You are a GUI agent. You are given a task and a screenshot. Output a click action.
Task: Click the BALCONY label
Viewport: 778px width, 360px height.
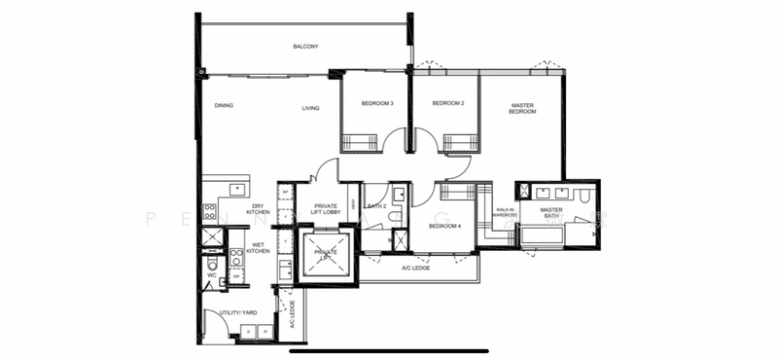coord(306,47)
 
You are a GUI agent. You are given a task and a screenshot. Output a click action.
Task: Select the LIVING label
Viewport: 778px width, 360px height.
coord(310,108)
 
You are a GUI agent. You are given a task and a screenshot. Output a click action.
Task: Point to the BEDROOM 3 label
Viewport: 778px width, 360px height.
coord(377,103)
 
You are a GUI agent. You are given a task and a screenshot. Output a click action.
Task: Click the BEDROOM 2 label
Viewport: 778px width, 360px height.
coord(447,103)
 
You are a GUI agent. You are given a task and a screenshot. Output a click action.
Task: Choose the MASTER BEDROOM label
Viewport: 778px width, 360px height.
coord(522,108)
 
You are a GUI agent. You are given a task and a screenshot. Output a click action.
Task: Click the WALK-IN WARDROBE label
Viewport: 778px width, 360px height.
coord(506,212)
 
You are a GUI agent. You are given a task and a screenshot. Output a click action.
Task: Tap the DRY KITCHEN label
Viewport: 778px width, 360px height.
coord(258,209)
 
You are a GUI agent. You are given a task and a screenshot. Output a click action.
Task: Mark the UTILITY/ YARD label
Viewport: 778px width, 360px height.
coord(237,313)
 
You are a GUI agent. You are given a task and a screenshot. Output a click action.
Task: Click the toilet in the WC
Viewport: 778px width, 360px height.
coord(211,266)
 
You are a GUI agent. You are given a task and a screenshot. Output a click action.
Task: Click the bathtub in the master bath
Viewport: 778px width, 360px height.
coord(549,234)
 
